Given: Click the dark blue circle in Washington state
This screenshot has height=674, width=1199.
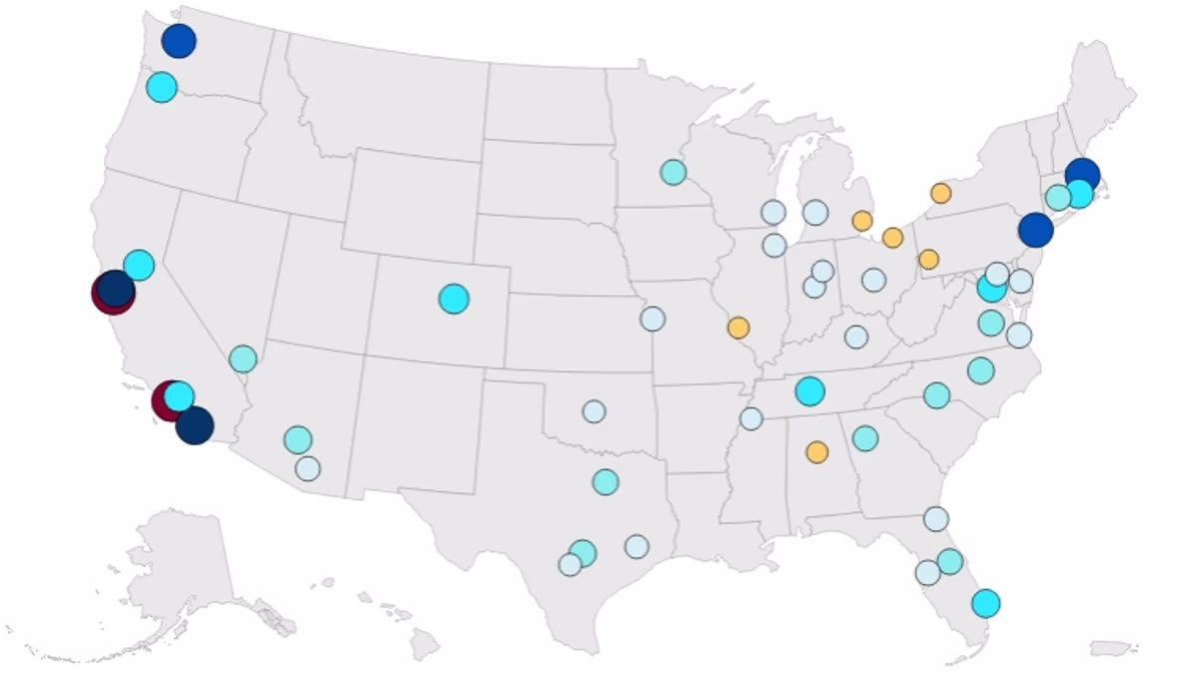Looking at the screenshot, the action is point(179,41).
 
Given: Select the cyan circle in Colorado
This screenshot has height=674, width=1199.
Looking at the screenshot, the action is point(454,299).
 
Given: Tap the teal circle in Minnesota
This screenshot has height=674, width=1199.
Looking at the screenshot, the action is point(672,172).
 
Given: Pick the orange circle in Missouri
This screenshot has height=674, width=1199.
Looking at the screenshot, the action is point(738,328).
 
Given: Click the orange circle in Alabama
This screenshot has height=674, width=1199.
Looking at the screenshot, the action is point(817,452).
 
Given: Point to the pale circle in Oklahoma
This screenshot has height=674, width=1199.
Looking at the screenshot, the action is point(594,411).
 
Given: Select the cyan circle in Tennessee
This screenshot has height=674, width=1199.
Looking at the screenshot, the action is point(809,390).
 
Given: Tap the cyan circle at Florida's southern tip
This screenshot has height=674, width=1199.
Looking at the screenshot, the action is point(985,603).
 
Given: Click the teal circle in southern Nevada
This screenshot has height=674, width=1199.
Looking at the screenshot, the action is point(243,358).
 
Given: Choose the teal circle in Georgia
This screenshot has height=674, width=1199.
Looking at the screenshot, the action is point(865,438).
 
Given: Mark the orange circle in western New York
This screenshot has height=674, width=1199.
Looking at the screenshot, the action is point(940,193).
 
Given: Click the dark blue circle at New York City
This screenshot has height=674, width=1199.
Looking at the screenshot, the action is point(1036,231).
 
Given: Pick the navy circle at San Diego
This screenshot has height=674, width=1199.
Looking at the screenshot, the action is point(195,425).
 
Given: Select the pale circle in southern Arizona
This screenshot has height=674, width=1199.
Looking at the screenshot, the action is point(308,468).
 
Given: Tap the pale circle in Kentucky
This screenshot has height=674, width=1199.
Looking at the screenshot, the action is point(856,337).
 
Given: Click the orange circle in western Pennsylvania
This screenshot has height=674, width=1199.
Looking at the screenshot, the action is point(928,260).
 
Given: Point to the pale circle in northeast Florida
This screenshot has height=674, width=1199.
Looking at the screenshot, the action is point(936,518).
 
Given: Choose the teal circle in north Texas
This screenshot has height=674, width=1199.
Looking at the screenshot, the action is point(604,482).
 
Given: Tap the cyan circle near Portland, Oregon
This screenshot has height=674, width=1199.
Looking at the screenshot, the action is point(161,88).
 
